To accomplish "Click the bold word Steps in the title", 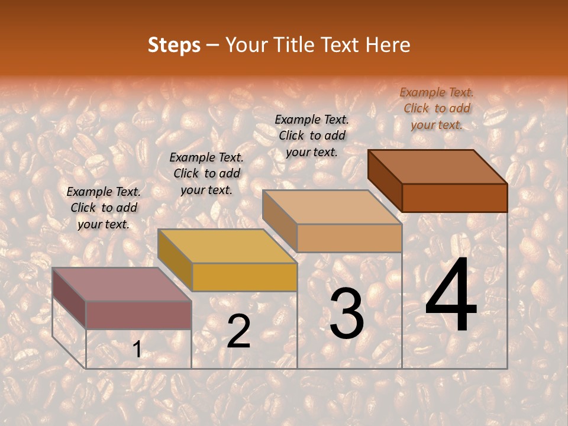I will [x=174, y=45].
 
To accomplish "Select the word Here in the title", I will [x=388, y=45].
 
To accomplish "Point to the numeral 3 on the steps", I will [x=346, y=314].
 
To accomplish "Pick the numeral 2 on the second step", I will [x=238, y=331].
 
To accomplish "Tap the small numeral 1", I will [x=137, y=350].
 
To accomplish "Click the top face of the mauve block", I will [x=121, y=285].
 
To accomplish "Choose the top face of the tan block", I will [x=332, y=207].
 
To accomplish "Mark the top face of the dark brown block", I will [x=437, y=167].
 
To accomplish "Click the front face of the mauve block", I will [x=138, y=315].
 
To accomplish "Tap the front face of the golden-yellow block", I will [x=244, y=277].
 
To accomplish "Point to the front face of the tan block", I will [x=349, y=238].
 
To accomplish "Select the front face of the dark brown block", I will [x=454, y=198].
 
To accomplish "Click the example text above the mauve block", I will [x=104, y=208].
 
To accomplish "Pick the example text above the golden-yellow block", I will [x=206, y=173].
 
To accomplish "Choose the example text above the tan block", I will [x=312, y=135].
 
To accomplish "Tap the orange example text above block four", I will [x=437, y=108].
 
